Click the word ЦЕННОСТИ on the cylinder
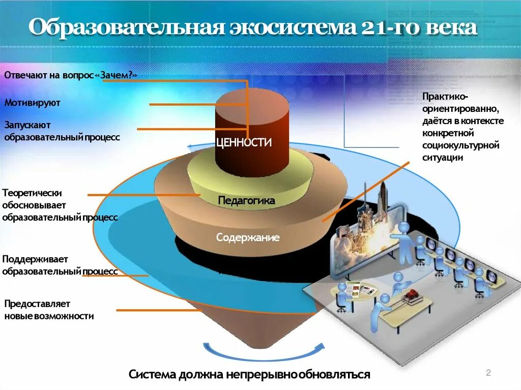point(244,142)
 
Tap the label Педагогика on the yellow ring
point(246,201)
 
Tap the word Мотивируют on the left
point(33,103)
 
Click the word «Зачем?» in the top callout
point(117,75)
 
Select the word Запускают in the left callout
point(27,125)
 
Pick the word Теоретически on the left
point(32,193)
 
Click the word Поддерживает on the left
point(35,259)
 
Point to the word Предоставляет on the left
point(37,304)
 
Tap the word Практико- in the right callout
point(445,97)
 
